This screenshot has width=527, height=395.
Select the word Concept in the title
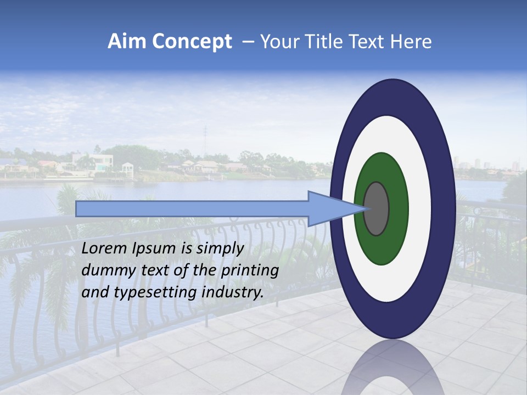coord(192,42)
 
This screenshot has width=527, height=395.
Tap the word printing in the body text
coord(250,271)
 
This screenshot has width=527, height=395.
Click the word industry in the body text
coord(232,292)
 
